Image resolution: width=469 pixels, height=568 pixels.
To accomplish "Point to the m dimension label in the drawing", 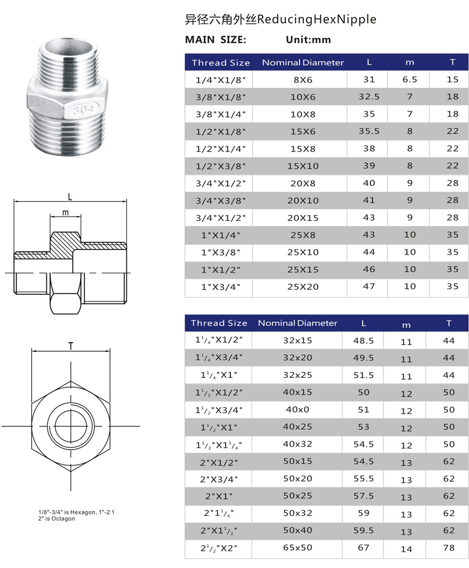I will (66, 212).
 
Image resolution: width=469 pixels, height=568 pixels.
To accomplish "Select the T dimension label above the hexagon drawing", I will (71, 345).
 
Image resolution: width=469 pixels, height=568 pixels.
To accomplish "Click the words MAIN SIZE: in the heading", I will (215, 40).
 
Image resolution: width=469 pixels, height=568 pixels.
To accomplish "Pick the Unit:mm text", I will (308, 40).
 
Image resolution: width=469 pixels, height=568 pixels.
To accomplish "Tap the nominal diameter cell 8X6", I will (302, 80).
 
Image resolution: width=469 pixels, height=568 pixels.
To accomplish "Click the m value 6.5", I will (409, 79).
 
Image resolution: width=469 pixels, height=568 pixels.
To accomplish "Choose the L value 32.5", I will (369, 96).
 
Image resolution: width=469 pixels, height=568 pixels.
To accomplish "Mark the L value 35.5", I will (369, 131).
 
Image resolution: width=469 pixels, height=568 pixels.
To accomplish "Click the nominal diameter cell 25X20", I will (302, 286).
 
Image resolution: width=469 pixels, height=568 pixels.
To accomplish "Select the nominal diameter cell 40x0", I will (297, 410).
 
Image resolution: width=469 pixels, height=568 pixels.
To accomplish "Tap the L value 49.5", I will (363, 358).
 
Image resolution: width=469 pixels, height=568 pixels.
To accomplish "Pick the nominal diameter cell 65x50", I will (297, 548).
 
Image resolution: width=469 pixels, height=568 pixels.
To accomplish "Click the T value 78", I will (449, 548).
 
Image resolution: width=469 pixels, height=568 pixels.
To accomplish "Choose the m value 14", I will (406, 549).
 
